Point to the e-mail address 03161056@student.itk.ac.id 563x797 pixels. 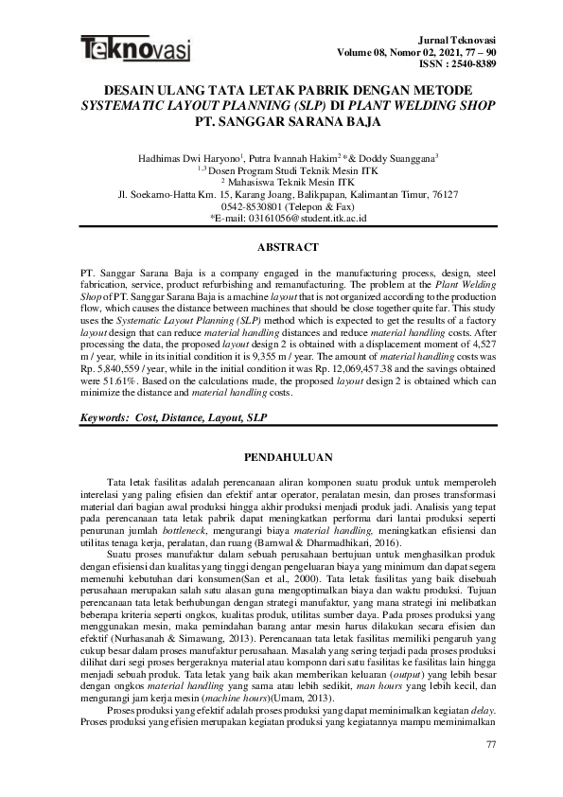pyautogui.click(x=293, y=218)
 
